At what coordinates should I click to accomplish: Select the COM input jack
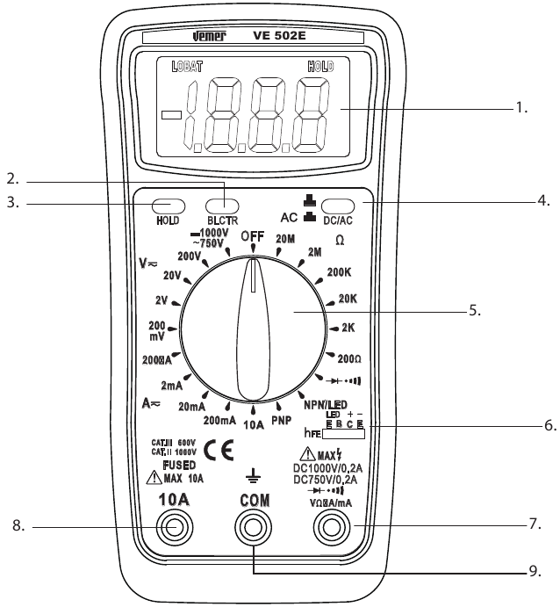255,527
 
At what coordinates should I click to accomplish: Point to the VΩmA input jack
334,527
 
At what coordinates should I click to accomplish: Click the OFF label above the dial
253,235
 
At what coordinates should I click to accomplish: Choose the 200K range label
338,273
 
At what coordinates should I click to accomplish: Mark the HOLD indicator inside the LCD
319,66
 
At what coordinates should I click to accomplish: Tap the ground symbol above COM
254,475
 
